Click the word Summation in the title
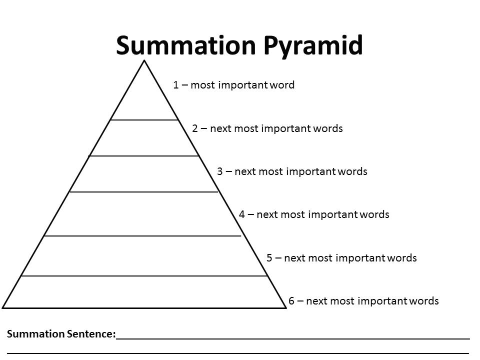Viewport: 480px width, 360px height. [x=185, y=45]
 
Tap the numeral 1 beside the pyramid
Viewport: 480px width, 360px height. [x=176, y=85]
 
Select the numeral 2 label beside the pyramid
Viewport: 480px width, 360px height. [x=195, y=128]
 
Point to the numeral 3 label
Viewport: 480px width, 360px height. [x=220, y=171]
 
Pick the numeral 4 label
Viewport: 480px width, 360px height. [x=242, y=214]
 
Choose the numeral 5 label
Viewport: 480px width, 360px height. [x=269, y=258]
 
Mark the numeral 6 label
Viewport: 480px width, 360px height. [x=291, y=301]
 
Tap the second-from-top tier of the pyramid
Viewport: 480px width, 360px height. [x=144, y=138]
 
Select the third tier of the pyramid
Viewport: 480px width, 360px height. [x=144, y=174]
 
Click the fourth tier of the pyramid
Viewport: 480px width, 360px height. [x=143, y=213]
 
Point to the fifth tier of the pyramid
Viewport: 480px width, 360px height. [x=144, y=255]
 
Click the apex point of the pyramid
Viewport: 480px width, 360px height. [x=144, y=61]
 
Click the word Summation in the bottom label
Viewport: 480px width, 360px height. [x=36, y=334]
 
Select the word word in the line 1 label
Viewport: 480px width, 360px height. [x=282, y=85]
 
